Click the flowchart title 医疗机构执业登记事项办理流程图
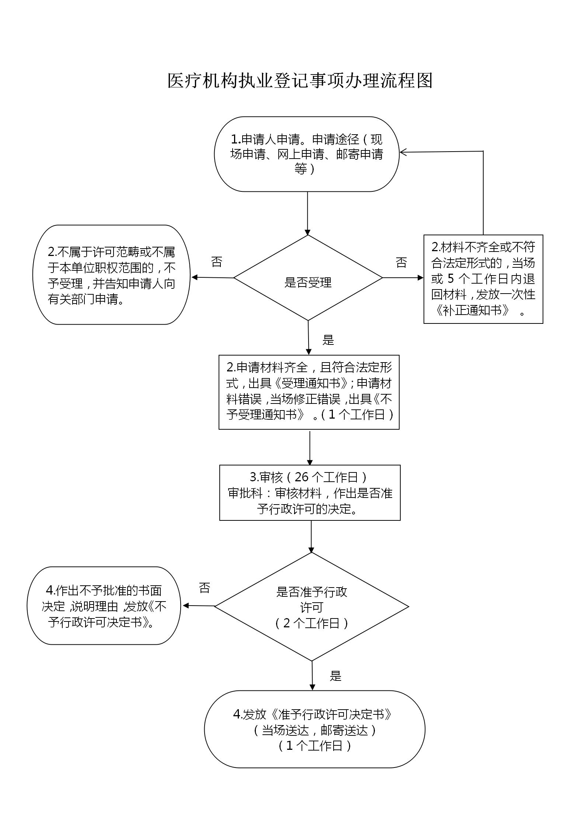pyautogui.click(x=300, y=80)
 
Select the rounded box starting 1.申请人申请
pyautogui.click(x=307, y=154)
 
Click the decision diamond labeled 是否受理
pyautogui.click(x=308, y=278)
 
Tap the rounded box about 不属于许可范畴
pyautogui.click(x=111, y=275)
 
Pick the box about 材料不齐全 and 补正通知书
pyautogui.click(x=483, y=279)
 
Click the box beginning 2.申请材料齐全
pyautogui.click(x=309, y=392)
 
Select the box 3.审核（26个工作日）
pyautogui.click(x=310, y=493)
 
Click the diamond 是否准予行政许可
pyautogui.click(x=311, y=607)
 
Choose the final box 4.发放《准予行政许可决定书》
pyautogui.click(x=314, y=729)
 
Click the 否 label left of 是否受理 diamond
pyautogui.click(x=217, y=262)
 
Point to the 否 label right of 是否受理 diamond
pyautogui.click(x=401, y=263)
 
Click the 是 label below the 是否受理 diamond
pyautogui.click(x=328, y=340)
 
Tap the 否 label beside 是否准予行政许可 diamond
pyautogui.click(x=205, y=588)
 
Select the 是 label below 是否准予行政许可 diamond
pyautogui.click(x=335, y=676)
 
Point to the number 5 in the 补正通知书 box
pyautogui.click(x=450, y=278)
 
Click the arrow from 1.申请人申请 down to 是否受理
pyautogui.click(x=307, y=214)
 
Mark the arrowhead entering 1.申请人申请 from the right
pyautogui.click(x=403, y=152)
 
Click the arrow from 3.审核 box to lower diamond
pyautogui.click(x=311, y=537)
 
